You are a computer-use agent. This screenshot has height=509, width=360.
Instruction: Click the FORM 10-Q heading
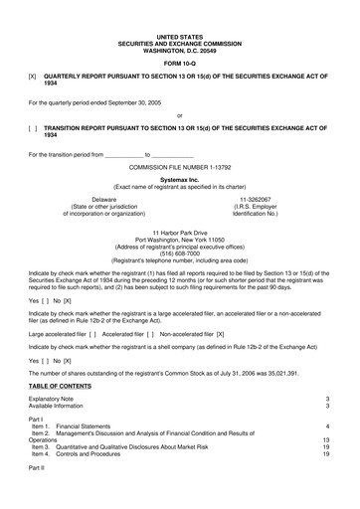[178, 53]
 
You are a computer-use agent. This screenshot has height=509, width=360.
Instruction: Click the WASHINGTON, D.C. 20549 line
[178, 35]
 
